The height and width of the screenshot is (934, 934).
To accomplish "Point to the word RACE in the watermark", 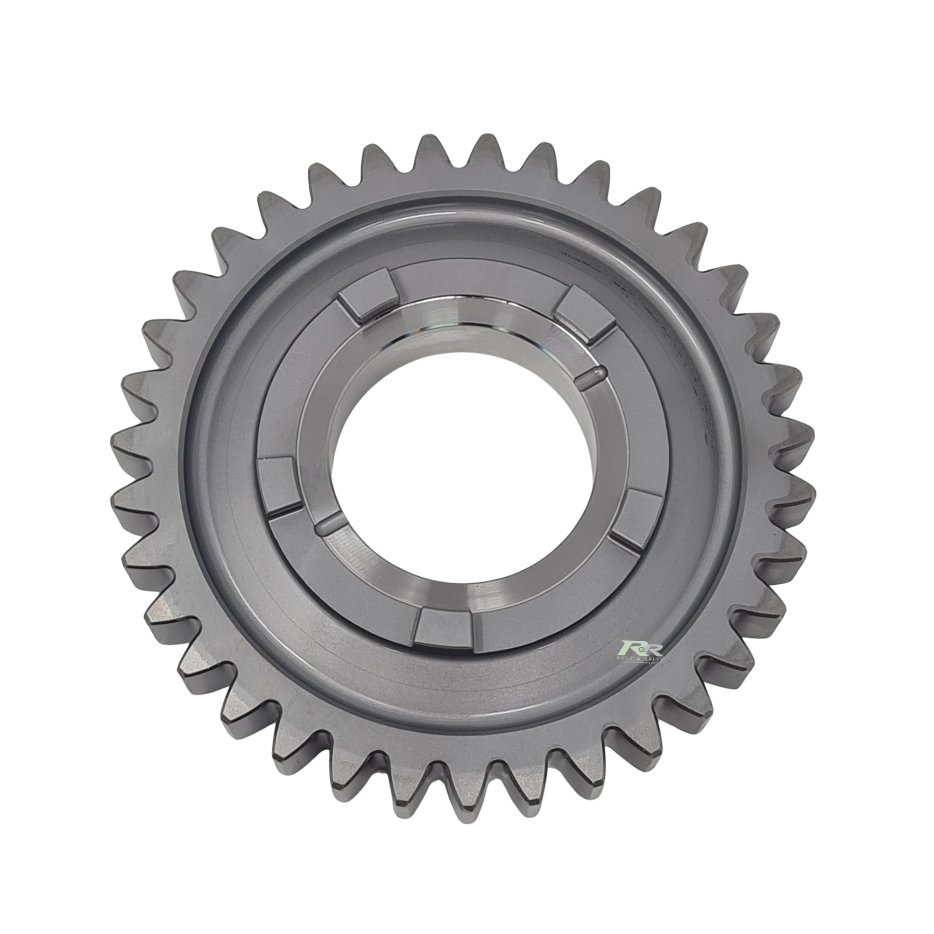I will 627,659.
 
